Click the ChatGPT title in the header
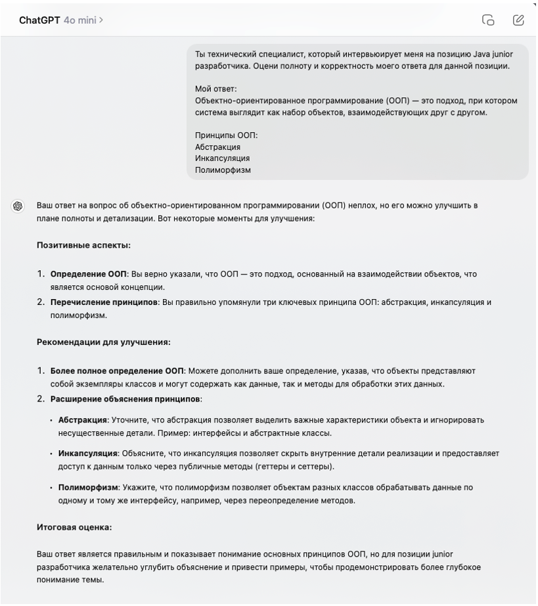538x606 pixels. pyautogui.click(x=40, y=20)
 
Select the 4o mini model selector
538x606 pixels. pyautogui.click(x=83, y=20)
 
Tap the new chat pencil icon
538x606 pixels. pyautogui.click(x=518, y=20)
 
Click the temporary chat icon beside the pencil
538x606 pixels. pyautogui.click(x=488, y=20)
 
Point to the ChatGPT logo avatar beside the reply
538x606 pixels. pyautogui.click(x=18, y=206)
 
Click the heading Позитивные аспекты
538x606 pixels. pyautogui.click(x=83, y=245)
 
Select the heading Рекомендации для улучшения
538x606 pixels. pyautogui.click(x=103, y=342)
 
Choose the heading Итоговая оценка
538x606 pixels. pyautogui.click(x=74, y=527)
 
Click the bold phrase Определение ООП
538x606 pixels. pyautogui.click(x=88, y=273)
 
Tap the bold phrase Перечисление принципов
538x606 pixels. pyautogui.click(x=104, y=302)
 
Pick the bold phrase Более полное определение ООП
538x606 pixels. pyautogui.click(x=117, y=371)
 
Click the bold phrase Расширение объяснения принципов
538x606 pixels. pyautogui.click(x=125, y=399)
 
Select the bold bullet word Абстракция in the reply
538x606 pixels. pyautogui.click(x=83, y=419)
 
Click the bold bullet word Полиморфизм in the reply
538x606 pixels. pyautogui.click(x=88, y=487)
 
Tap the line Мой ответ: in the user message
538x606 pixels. pyautogui.click(x=215, y=89)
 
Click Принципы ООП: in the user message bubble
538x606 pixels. pyautogui.click(x=226, y=135)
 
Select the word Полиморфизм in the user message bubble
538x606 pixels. pyautogui.click(x=223, y=170)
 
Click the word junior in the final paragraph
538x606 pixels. pyautogui.click(x=439, y=554)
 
